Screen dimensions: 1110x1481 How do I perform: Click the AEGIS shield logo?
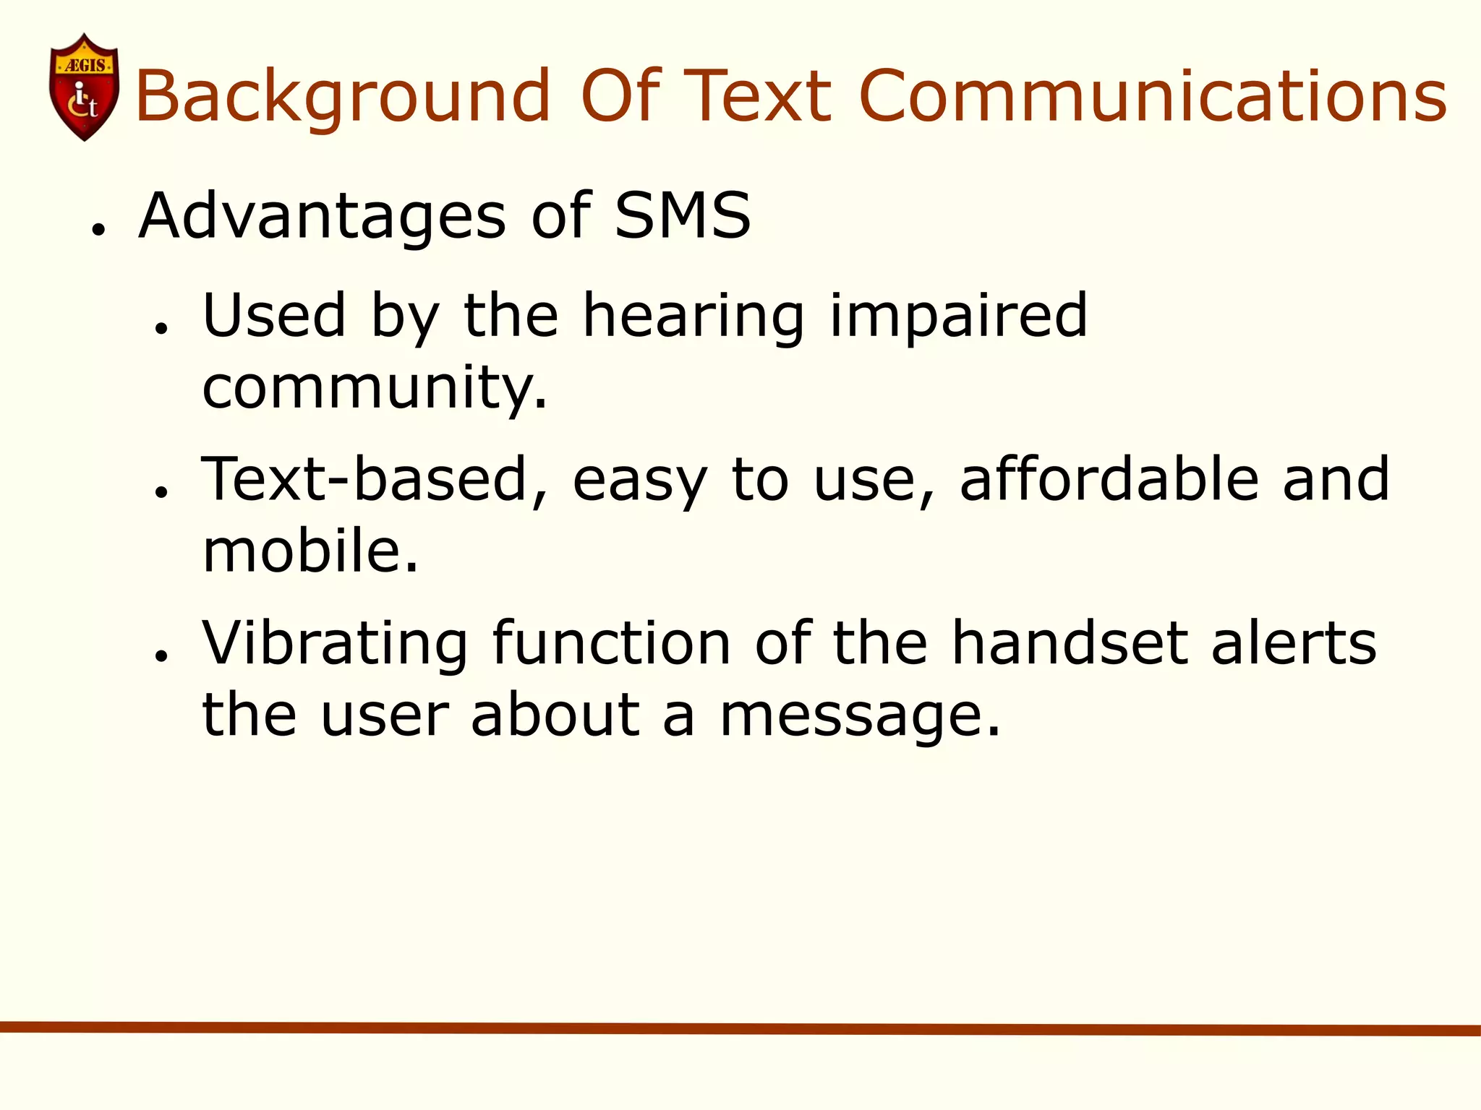pos(84,87)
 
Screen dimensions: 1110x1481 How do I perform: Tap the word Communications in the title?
pos(1153,96)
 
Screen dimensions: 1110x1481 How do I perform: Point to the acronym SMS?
pos(683,215)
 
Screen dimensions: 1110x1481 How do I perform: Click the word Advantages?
pos(323,217)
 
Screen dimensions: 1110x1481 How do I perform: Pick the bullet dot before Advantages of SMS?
pos(99,231)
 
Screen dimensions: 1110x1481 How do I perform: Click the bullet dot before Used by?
pos(161,329)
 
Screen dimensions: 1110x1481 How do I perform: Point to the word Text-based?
pos(374,480)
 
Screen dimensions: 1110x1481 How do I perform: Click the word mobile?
pos(310,551)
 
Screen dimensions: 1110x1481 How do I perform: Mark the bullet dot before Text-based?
pos(161,492)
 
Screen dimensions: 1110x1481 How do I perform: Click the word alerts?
pos(1294,643)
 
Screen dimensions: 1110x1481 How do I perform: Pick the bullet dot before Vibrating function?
pos(161,655)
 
